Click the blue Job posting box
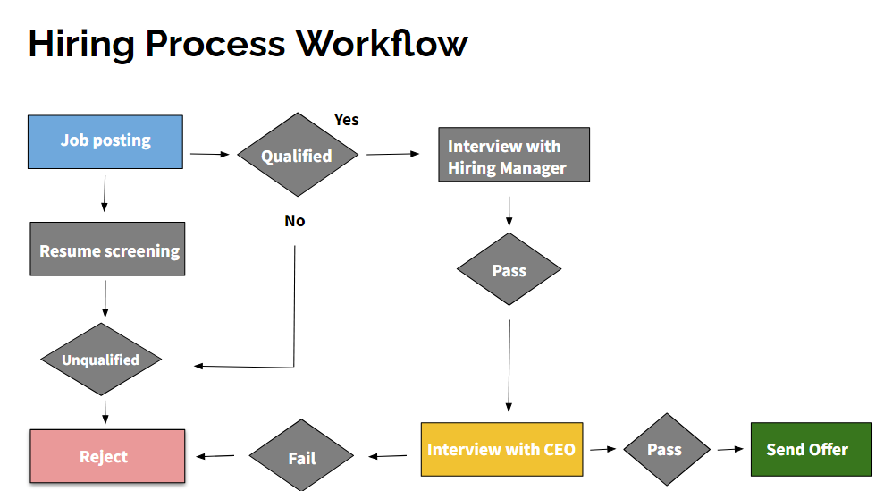point(105,141)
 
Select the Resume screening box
point(107,249)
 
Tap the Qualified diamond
point(298,155)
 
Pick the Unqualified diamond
point(101,359)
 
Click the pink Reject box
point(107,456)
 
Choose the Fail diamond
point(301,455)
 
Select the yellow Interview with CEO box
point(501,449)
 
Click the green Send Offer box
point(812,449)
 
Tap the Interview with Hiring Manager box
point(514,155)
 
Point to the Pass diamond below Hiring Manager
point(509,269)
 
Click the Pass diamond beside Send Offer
point(667,449)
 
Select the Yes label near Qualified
point(346,120)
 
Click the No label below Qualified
point(295,221)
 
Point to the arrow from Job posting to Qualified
point(210,154)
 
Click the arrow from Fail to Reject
point(215,456)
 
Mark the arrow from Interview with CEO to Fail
point(387,456)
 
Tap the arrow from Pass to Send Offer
point(730,449)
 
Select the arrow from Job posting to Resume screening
point(105,193)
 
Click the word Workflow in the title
point(383,44)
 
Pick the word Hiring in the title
point(81,45)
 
